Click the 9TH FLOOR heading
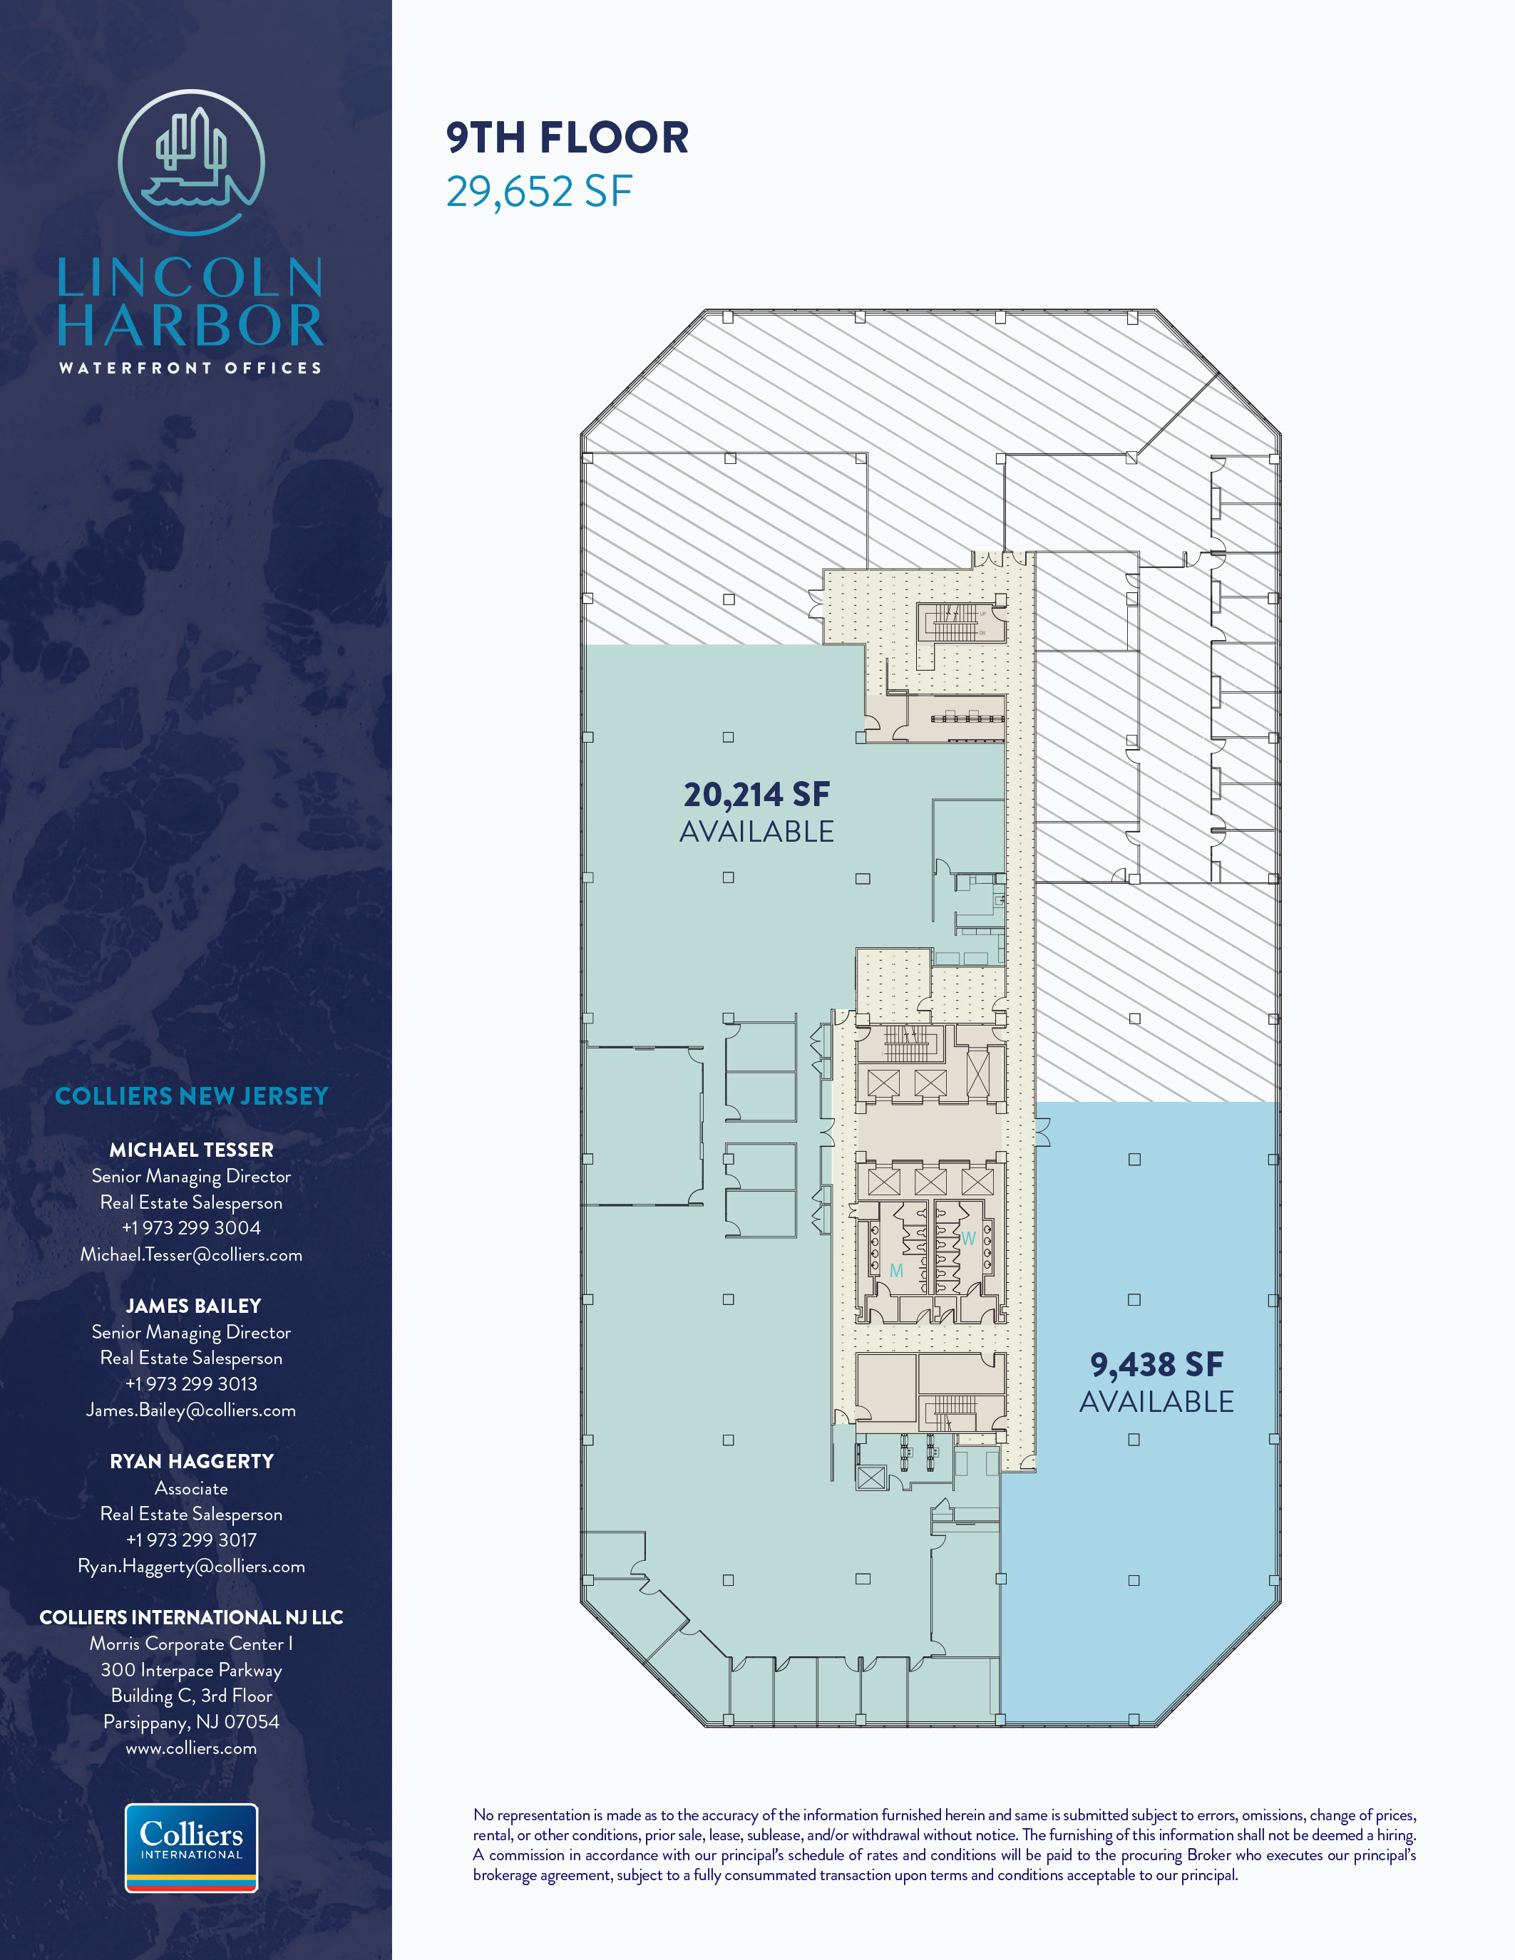[568, 138]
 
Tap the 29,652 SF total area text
[540, 191]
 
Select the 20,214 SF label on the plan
[756, 794]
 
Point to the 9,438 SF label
[1157, 1364]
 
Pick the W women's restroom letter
[968, 1239]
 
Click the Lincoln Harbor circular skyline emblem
[191, 163]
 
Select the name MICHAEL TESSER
[191, 1150]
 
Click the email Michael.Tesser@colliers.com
[191, 1254]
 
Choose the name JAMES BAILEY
[193, 1306]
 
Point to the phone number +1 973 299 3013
[191, 1384]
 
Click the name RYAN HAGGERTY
[191, 1461]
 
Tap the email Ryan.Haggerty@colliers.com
[191, 1566]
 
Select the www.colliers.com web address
[191, 1748]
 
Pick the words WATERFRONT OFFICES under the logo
[190, 368]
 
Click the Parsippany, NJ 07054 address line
[191, 1722]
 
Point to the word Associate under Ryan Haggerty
[191, 1488]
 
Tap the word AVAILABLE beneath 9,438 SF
[1157, 1402]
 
